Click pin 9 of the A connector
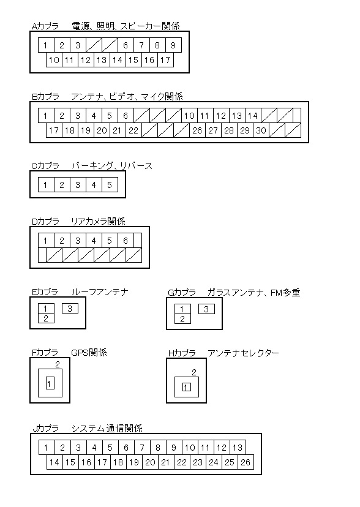(173, 45)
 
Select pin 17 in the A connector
(165, 60)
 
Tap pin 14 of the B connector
(253, 116)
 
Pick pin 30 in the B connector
(261, 130)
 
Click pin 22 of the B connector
(133, 130)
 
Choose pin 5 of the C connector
(110, 185)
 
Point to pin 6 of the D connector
(126, 241)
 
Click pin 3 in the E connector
(70, 309)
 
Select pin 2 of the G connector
(182, 319)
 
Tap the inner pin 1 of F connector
(50, 383)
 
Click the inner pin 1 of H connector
(187, 387)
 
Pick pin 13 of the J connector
(238, 448)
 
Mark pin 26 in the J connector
(246, 462)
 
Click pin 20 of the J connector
(150, 462)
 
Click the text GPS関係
(89, 352)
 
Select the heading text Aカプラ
(45, 26)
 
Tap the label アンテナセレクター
(243, 353)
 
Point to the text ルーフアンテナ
(100, 292)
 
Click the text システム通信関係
(107, 429)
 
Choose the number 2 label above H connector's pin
(194, 372)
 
